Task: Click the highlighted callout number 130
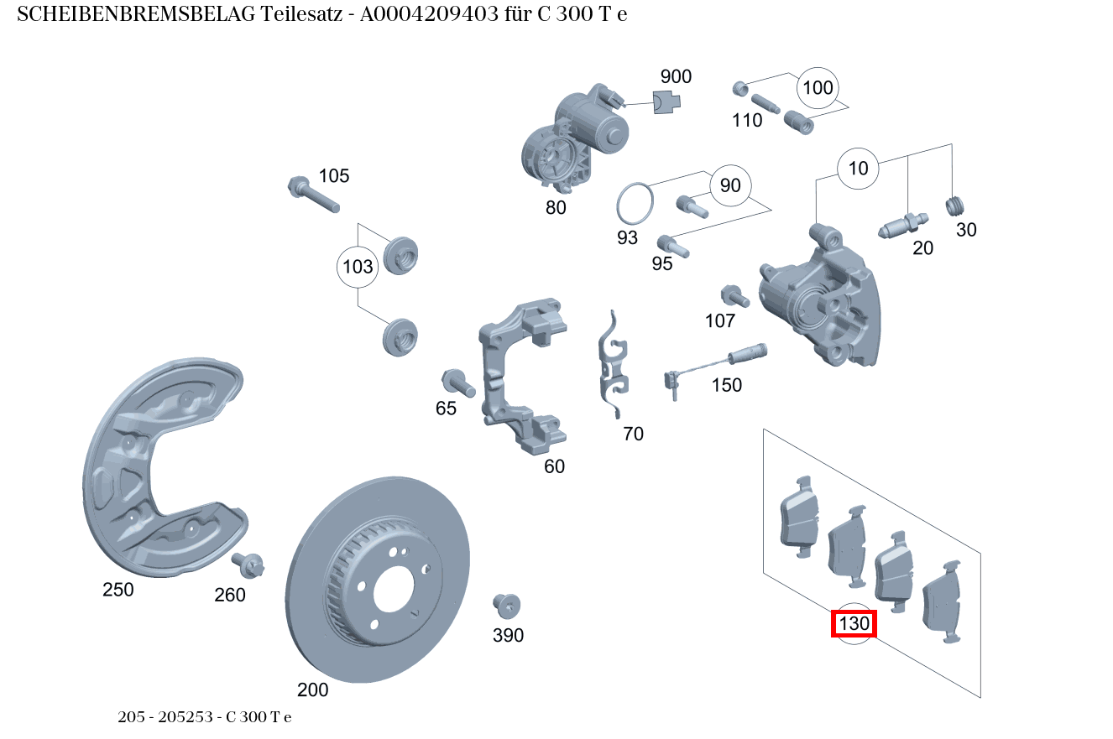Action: tap(854, 624)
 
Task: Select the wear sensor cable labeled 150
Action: tap(713, 365)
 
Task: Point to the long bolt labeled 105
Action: tap(313, 195)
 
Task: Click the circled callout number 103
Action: tap(358, 268)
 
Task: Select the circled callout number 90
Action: tap(730, 185)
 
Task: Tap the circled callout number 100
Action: tap(818, 88)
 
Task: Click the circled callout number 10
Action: tap(858, 169)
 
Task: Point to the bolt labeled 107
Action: tap(733, 296)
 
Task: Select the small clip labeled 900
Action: tap(666, 102)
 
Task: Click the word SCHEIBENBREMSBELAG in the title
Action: tap(136, 15)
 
